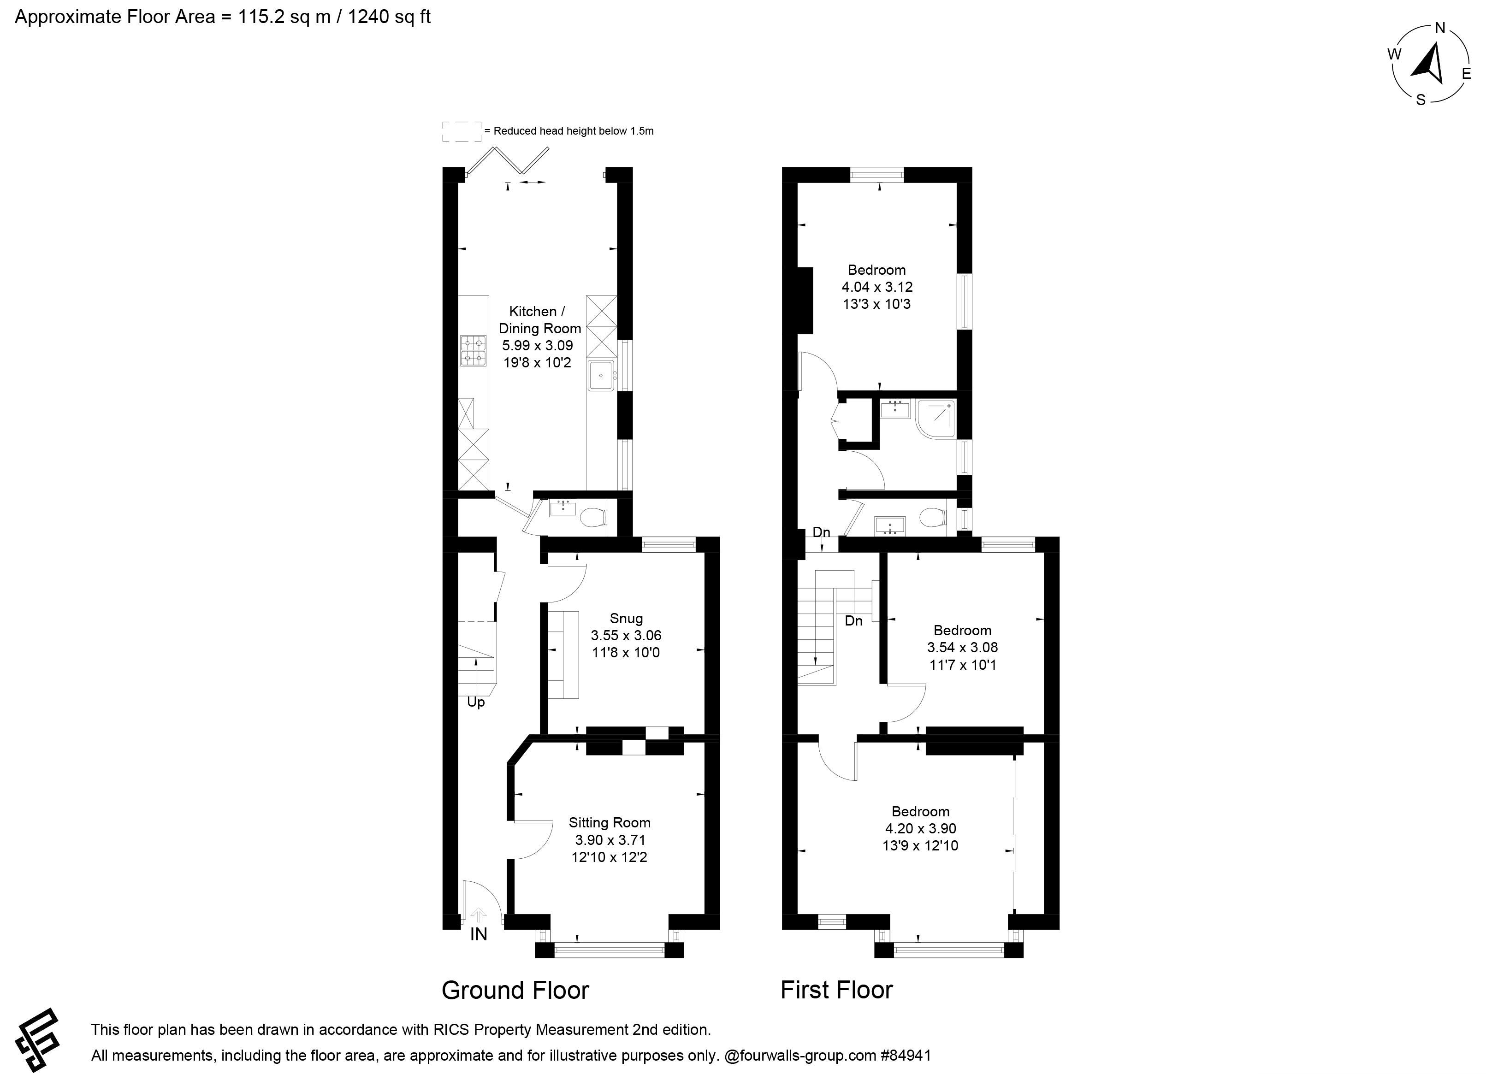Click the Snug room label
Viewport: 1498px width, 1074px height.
[626, 618]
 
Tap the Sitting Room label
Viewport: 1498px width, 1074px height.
[610, 822]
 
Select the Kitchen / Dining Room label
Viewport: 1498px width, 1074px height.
[539, 320]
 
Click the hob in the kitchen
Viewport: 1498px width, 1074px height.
[474, 351]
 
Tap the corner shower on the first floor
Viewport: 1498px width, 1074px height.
[935, 419]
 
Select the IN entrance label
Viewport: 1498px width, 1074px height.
[478, 935]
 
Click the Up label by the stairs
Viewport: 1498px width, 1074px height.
[475, 702]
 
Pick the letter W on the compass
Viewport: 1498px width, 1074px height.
[1394, 54]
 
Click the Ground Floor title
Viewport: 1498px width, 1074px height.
[515, 990]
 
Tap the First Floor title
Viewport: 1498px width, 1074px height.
[836, 990]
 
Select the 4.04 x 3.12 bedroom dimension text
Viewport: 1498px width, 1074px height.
[877, 287]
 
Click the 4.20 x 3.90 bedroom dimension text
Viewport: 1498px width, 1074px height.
[921, 828]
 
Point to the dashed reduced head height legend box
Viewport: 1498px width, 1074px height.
[462, 131]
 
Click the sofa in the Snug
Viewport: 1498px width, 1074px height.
[563, 655]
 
